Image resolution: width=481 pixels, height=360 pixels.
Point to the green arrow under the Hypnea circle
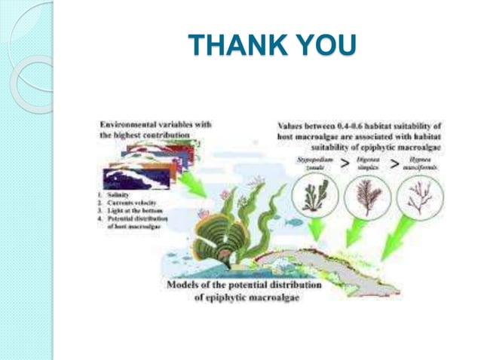point(400,241)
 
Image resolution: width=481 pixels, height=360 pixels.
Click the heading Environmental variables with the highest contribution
point(154,129)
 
